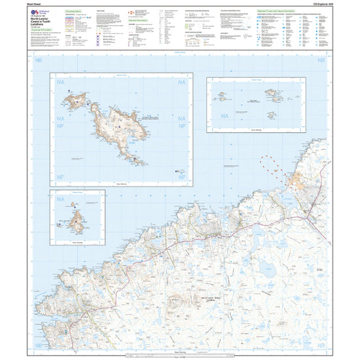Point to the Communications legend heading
77,11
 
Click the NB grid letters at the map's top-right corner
321,61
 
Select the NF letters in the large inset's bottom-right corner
184,175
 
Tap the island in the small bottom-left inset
79,221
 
